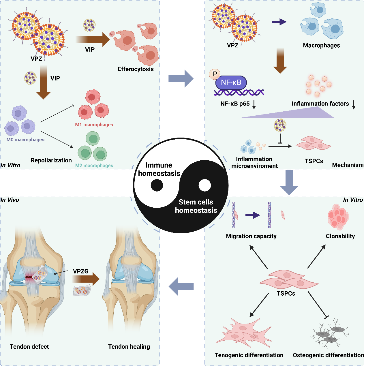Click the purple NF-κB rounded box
tap(231, 83)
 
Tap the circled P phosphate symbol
tap(215, 74)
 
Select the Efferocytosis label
tap(136, 69)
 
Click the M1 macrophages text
tap(94, 125)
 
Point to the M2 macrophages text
tap(94, 166)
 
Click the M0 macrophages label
tap(25, 140)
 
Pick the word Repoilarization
tap(51, 160)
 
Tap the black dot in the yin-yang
tap(157, 185)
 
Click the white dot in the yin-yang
tap(205, 185)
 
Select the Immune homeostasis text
tap(159, 169)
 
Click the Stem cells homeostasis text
tap(196, 206)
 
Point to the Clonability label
tap(340, 236)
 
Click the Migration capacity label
tap(251, 236)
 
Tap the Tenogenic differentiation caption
tap(249, 355)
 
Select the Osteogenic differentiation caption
tap(328, 355)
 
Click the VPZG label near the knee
tap(81, 271)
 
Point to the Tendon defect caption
tap(29, 347)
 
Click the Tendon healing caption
tap(129, 347)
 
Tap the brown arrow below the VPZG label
tap(86, 279)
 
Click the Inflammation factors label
tap(320, 104)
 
